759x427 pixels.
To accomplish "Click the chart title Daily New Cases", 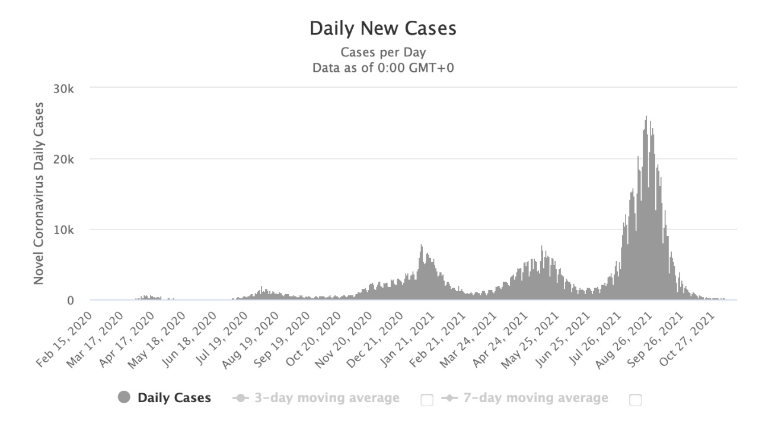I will coord(382,28).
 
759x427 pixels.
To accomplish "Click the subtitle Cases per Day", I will coord(382,52).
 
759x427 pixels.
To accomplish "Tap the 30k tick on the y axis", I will coord(63,88).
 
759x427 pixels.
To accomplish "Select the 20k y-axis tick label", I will coord(63,159).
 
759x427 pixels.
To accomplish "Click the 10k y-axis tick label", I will coord(63,230).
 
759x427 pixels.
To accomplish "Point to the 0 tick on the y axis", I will coord(70,300).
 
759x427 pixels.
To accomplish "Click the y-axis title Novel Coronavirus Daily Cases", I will coord(39,193).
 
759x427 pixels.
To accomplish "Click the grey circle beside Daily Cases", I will coord(124,398).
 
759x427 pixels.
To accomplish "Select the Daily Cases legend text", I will coord(174,398).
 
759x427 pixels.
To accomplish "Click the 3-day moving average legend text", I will coord(327,398).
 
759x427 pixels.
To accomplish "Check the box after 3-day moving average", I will coord(426,400).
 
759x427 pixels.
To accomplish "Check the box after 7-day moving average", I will coord(635,400).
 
